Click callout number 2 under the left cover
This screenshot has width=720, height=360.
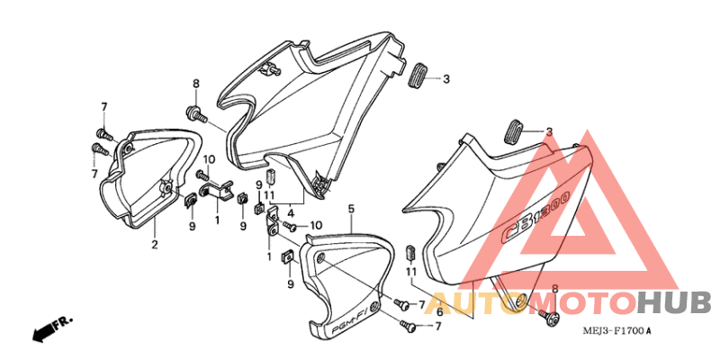click(x=155, y=244)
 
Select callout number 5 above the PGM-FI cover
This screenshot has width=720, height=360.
click(x=351, y=209)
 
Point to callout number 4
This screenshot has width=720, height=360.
click(x=291, y=213)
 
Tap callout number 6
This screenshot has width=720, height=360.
click(x=439, y=312)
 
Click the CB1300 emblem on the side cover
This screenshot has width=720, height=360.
click(x=536, y=216)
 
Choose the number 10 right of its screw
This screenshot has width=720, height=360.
click(x=316, y=225)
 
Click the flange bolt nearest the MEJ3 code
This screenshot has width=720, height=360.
click(x=549, y=317)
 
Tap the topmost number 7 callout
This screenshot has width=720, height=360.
click(x=104, y=107)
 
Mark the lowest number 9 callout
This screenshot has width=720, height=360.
click(x=290, y=284)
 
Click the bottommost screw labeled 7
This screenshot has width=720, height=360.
click(x=409, y=326)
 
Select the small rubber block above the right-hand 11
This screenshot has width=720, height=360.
click(x=411, y=252)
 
